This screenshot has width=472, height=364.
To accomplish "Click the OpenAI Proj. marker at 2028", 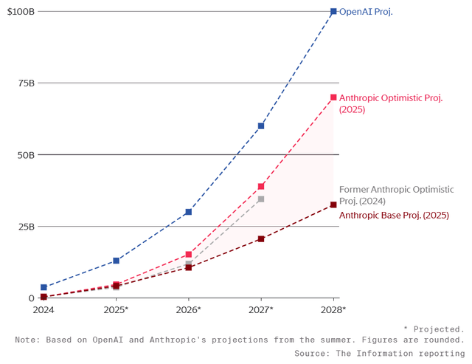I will [333, 12].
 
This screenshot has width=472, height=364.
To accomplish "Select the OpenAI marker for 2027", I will [261, 126].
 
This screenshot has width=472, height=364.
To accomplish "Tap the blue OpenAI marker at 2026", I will [189, 212].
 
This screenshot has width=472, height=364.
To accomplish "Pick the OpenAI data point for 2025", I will [116, 261].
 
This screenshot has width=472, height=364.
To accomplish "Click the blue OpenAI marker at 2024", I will [44, 287].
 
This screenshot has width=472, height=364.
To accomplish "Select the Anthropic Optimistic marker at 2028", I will [333, 97].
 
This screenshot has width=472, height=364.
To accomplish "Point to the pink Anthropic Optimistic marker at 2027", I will [261, 187].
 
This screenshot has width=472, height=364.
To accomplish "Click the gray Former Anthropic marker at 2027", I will [261, 199].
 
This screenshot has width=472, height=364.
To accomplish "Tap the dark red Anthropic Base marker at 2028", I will [333, 205].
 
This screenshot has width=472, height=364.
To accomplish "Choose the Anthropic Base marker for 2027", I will [261, 239].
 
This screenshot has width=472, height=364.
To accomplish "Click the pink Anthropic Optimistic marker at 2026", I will [189, 255].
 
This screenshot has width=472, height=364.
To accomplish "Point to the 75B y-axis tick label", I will [25, 83].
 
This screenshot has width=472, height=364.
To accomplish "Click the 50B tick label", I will [25, 155].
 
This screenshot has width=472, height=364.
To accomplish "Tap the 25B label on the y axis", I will [25, 227].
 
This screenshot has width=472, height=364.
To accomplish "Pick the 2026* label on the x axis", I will [189, 310].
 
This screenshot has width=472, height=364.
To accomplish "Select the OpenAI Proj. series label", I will [366, 12].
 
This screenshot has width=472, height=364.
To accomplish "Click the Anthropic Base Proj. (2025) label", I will [394, 215].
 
